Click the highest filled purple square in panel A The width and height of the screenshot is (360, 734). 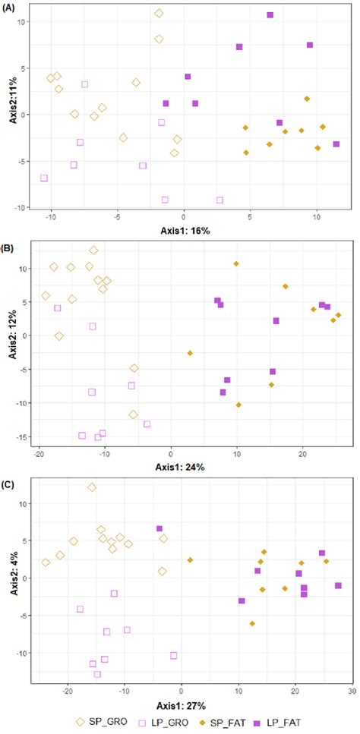point(270,15)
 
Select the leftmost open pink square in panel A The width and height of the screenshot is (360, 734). point(44,178)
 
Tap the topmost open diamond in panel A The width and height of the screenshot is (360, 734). point(159,13)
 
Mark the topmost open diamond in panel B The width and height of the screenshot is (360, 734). point(93,250)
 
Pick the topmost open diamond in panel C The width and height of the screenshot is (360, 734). point(92,487)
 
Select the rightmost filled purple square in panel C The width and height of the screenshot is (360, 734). point(338,585)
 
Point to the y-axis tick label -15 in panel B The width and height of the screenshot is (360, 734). point(24,436)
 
